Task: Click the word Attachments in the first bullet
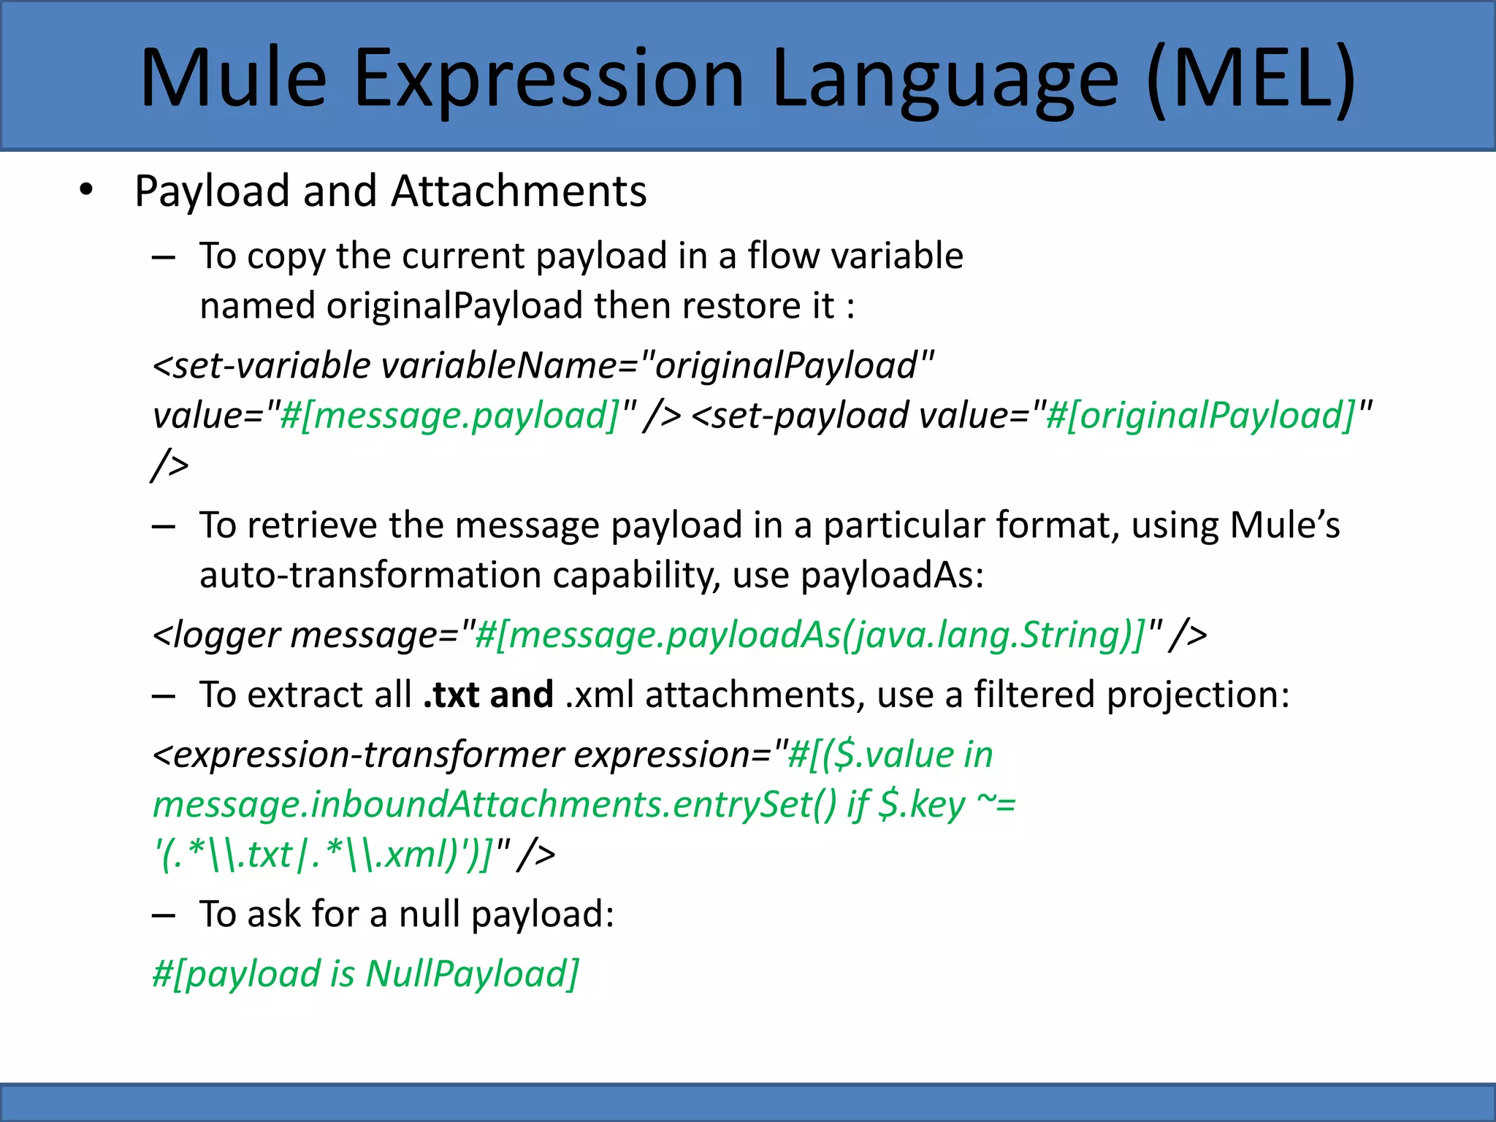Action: click(519, 191)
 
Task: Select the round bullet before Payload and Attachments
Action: click(87, 191)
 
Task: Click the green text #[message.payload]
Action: click(449, 415)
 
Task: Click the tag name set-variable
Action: click(272, 365)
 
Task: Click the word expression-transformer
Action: click(369, 755)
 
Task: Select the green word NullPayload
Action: click(472, 974)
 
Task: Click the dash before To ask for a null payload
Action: click(164, 915)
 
